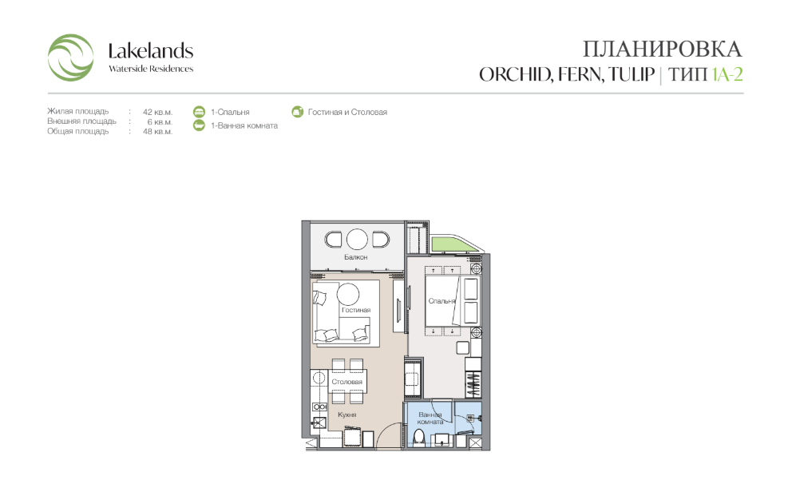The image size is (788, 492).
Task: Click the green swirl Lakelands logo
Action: pyautogui.click(x=70, y=58)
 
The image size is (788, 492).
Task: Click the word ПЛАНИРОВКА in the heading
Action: pyautogui.click(x=662, y=50)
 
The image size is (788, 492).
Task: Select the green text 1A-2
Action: pyautogui.click(x=727, y=74)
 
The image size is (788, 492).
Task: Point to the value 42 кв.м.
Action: pyautogui.click(x=157, y=112)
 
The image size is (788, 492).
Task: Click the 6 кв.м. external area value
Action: pyautogui.click(x=160, y=122)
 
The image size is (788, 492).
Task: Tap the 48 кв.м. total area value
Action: pyautogui.click(x=157, y=132)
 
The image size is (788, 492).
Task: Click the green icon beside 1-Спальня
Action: pyautogui.click(x=200, y=112)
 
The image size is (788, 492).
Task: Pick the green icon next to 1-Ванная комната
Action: pyautogui.click(x=200, y=125)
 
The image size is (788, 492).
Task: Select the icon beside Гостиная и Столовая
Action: pyautogui.click(x=298, y=112)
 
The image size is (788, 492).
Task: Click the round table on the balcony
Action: pyautogui.click(x=357, y=240)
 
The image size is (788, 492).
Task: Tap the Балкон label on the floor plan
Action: pyautogui.click(x=356, y=257)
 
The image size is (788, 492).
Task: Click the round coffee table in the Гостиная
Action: pyautogui.click(x=348, y=294)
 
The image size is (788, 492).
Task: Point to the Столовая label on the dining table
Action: pyautogui.click(x=346, y=382)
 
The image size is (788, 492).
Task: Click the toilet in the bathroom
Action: pyautogui.click(x=418, y=438)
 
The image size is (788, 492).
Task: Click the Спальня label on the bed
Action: pyautogui.click(x=442, y=301)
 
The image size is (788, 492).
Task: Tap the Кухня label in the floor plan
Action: pyautogui.click(x=346, y=415)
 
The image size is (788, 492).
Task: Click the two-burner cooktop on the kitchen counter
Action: pyautogui.click(x=319, y=407)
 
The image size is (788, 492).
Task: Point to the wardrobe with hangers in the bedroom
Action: pyautogui.click(x=473, y=384)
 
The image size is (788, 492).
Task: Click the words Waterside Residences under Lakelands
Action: pyautogui.click(x=151, y=69)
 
